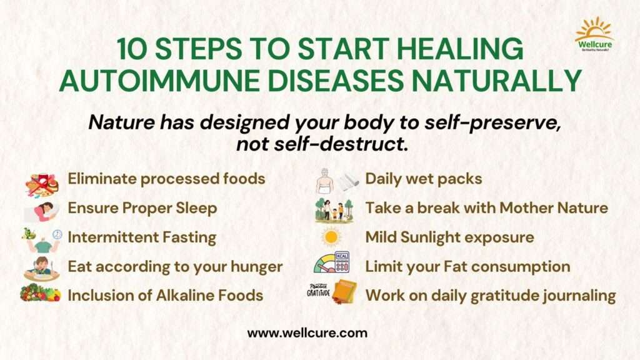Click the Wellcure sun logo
point(594,34)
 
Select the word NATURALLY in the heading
point(496,81)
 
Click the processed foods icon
point(42,184)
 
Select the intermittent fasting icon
point(42,240)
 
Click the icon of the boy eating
point(42,269)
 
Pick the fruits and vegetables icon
point(41,293)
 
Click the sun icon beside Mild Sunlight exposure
point(331,237)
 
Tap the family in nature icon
point(334,211)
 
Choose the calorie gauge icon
point(332,262)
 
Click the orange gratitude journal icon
point(344,291)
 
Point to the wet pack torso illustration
point(325,181)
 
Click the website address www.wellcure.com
point(307,333)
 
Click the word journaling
point(579,296)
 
